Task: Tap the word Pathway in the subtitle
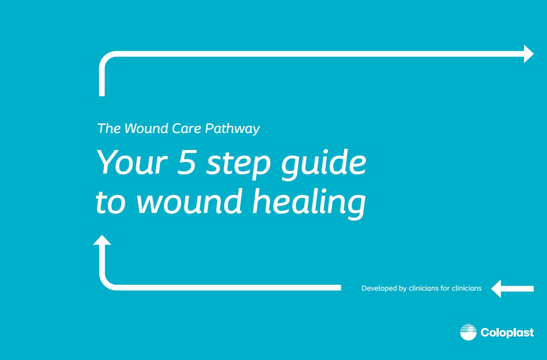pyautogui.click(x=233, y=129)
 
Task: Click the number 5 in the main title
pyautogui.click(x=185, y=163)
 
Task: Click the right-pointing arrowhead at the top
pyautogui.click(x=529, y=54)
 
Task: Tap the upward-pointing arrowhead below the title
pyautogui.click(x=102, y=241)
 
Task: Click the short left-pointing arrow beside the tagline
pyautogui.click(x=512, y=288)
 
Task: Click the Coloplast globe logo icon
pyautogui.click(x=468, y=333)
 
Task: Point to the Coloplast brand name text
pyautogui.click(x=507, y=333)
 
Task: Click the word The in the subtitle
pyautogui.click(x=109, y=129)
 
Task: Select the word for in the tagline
pyautogui.click(x=445, y=288)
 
